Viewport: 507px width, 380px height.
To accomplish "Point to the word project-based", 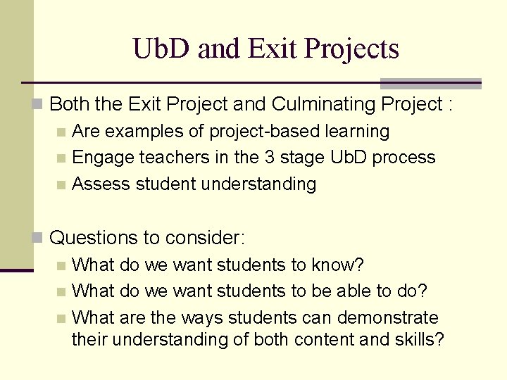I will pos(254,132).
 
